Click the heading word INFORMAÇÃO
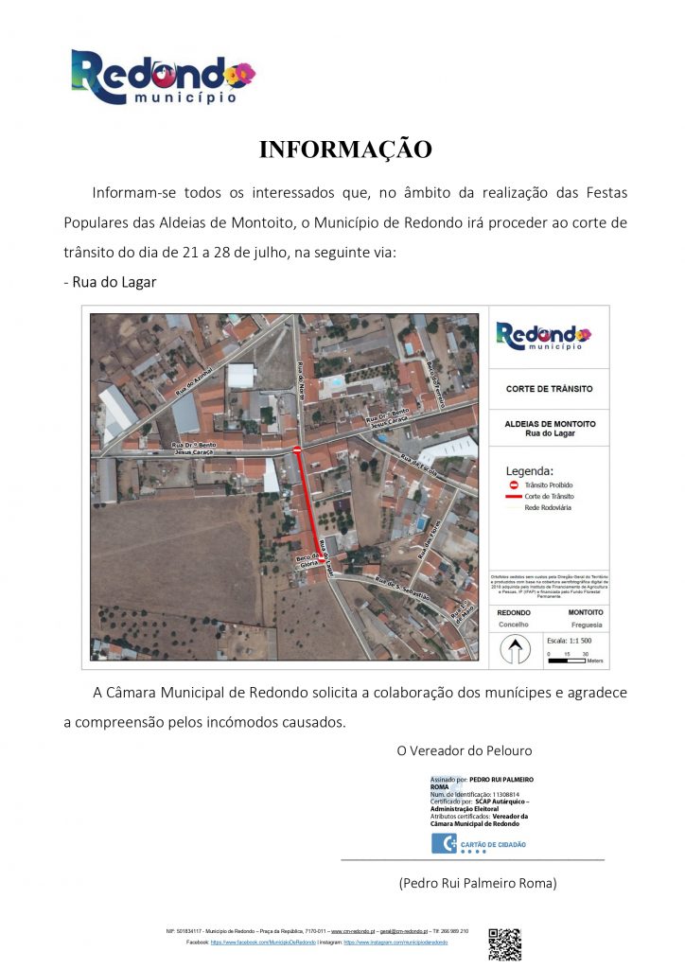coord(345,150)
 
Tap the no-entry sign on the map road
coord(297,449)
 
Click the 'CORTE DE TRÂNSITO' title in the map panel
coord(549,389)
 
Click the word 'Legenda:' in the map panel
coord(530,470)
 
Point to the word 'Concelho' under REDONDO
coord(514,625)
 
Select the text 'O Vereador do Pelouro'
coord(464,750)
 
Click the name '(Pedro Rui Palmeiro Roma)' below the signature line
coord(478,883)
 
